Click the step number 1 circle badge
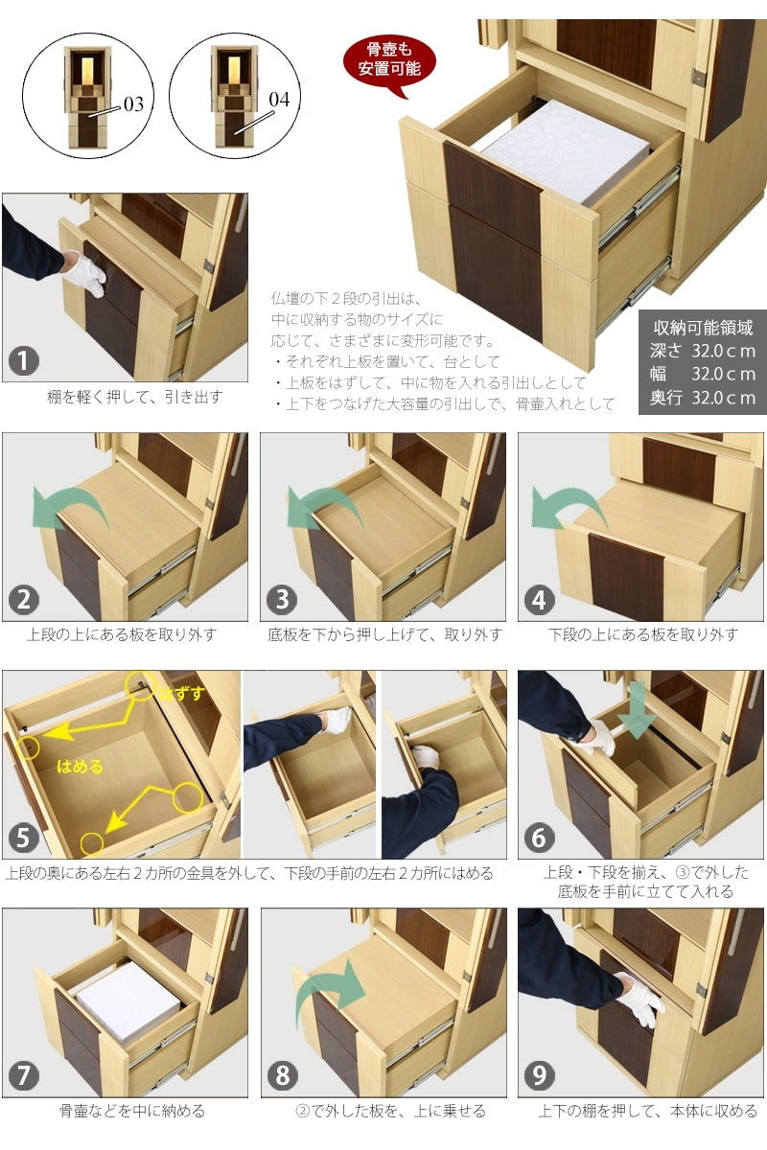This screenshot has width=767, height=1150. [x=24, y=361]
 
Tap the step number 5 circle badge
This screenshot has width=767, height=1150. [x=24, y=839]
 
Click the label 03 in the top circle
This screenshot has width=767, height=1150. [x=133, y=103]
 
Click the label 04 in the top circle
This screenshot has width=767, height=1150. [x=278, y=100]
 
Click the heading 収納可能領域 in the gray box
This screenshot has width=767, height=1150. [x=703, y=327]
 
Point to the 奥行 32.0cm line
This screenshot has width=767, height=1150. [x=703, y=398]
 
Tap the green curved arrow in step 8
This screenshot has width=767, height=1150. [x=331, y=987]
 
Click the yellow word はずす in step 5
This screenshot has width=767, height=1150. [x=182, y=693]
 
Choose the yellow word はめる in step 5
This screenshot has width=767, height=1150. [x=81, y=766]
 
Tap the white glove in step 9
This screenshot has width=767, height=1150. [x=639, y=999]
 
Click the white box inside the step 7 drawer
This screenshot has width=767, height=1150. [x=128, y=1002]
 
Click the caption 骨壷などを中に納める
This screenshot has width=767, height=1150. [x=131, y=1112]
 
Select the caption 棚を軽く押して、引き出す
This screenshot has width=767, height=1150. [x=134, y=396]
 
